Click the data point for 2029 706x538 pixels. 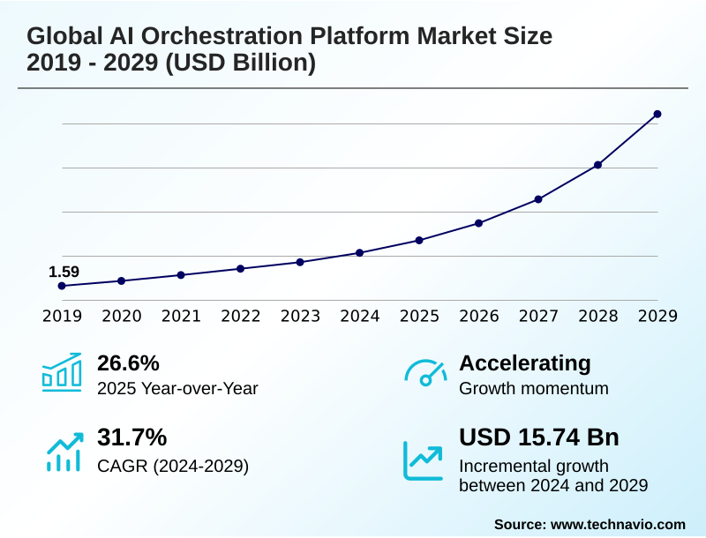tap(657, 114)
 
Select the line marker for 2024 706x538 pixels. tap(360, 253)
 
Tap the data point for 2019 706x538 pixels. tap(62, 286)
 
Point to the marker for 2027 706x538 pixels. tap(538, 199)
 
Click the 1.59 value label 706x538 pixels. tap(64, 272)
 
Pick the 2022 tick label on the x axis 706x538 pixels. tap(241, 317)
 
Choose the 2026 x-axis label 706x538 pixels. tap(479, 317)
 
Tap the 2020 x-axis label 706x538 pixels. tap(122, 317)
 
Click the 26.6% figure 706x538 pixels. tap(128, 363)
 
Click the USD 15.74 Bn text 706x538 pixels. tap(539, 437)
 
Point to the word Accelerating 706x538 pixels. tap(525, 363)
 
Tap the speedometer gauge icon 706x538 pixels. tap(425, 373)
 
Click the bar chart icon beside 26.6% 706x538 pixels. tap(62, 373)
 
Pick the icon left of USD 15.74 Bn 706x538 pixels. tap(424, 460)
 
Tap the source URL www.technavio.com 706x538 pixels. tap(618, 524)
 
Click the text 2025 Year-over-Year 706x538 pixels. tap(177, 388)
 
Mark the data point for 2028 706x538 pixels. tap(598, 165)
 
